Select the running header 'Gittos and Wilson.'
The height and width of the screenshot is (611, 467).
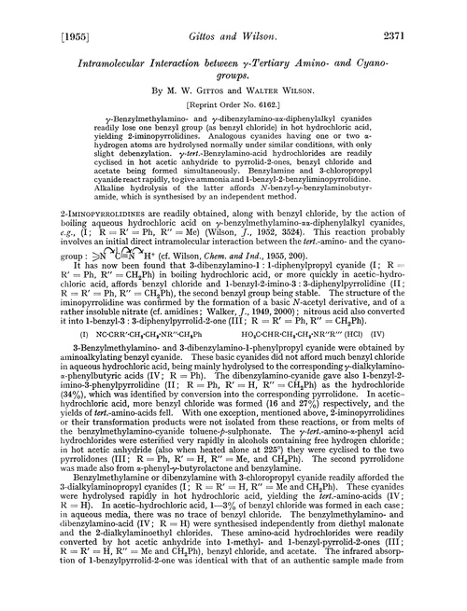tap(231, 14)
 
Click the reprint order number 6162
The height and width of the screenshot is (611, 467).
tap(255, 92)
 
